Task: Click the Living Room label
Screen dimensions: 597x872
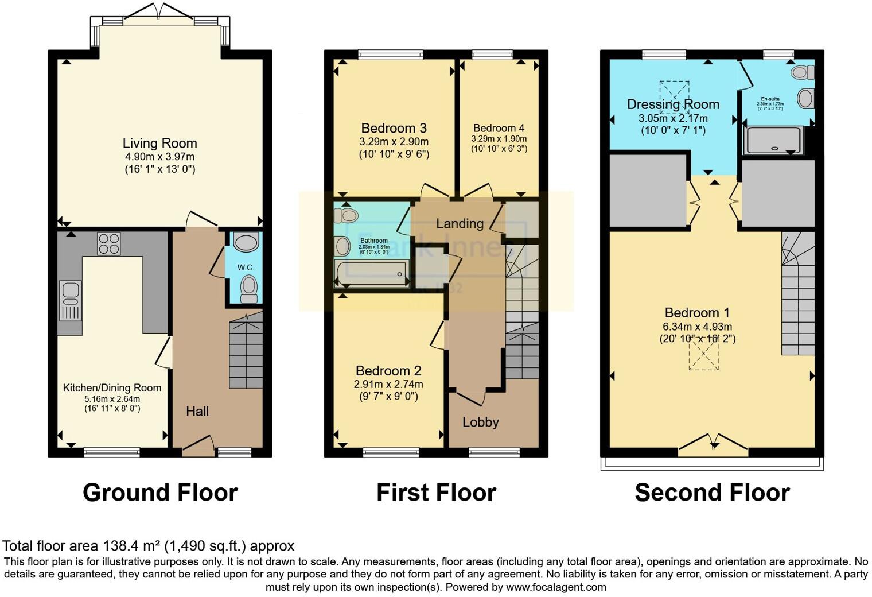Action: [159, 144]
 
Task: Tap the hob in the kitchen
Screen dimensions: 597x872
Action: [108, 243]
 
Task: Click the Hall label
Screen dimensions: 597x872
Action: [197, 411]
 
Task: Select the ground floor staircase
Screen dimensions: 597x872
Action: [246, 355]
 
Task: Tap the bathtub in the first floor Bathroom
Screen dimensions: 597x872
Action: [372, 273]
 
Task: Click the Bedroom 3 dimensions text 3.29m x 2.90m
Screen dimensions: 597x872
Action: [394, 142]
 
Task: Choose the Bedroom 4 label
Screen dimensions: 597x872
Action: [499, 128]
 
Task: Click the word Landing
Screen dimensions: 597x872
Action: [460, 223]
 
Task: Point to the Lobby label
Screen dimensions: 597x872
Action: [481, 422]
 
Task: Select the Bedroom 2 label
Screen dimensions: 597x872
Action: [388, 371]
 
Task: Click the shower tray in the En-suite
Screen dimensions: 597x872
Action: [773, 141]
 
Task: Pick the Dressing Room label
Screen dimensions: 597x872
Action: [673, 104]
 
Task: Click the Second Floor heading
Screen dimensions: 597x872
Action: [712, 493]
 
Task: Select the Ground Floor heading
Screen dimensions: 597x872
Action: [160, 493]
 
